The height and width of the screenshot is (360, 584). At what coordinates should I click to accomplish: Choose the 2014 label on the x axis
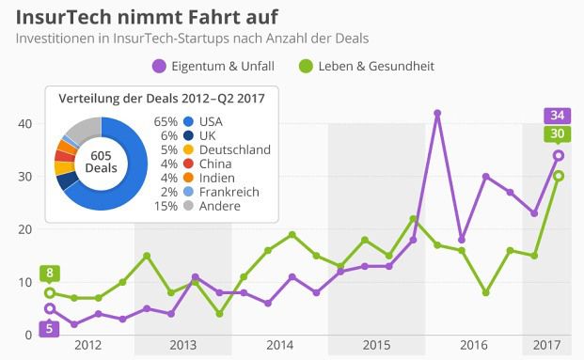[279, 346]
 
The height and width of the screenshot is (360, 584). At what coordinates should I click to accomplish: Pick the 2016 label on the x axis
[472, 346]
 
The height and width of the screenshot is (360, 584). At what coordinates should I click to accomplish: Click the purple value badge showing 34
[558, 116]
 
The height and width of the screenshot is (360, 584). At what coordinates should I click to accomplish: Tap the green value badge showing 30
[558, 134]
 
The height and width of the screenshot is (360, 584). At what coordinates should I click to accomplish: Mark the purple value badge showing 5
[51, 327]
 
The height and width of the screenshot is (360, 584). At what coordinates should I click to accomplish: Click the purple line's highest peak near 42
[437, 113]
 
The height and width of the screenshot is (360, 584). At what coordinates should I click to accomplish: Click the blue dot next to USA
[190, 122]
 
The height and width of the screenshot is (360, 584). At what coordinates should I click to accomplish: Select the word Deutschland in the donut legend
[235, 149]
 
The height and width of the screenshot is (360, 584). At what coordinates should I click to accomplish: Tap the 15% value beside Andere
[166, 205]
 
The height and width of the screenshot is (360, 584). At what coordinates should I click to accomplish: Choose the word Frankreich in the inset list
[231, 191]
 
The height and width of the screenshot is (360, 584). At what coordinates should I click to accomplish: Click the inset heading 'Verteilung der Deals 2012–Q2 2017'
[162, 99]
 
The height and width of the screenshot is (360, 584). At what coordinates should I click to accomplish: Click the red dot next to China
[190, 164]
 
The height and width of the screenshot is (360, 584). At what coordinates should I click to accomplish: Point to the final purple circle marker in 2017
[558, 156]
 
